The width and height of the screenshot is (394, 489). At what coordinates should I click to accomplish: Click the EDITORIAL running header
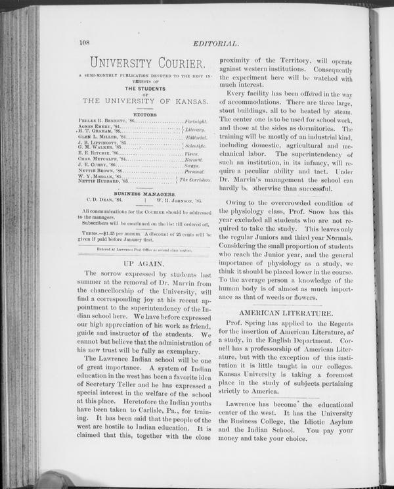pos(215,44)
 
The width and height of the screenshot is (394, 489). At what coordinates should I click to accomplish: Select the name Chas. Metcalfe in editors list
pos(101,158)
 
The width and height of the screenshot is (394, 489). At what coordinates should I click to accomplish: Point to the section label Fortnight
pos(196,122)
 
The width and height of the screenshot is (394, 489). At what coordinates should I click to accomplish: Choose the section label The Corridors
pos(194,179)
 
